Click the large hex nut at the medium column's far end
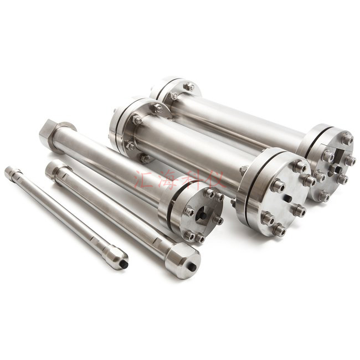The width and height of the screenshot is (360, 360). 47,133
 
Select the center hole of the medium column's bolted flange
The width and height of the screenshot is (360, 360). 202,214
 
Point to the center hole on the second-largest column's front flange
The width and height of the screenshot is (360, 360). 286,198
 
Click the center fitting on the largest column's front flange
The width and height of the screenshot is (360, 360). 335,169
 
